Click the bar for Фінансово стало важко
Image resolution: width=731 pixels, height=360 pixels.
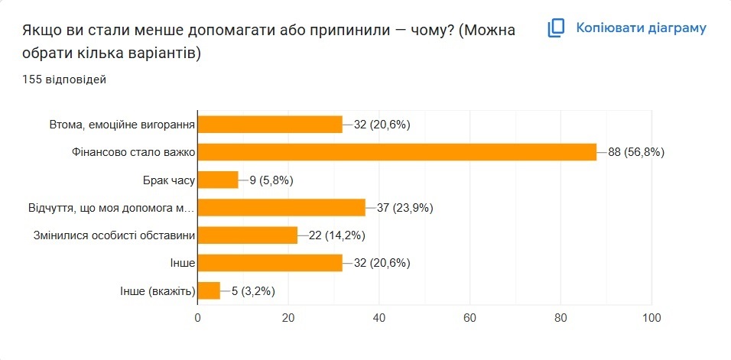tap(397, 152)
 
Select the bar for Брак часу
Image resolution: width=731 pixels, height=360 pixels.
tap(218, 180)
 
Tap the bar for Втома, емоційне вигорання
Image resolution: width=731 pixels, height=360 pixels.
tap(270, 125)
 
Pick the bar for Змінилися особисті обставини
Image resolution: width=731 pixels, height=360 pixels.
tap(248, 235)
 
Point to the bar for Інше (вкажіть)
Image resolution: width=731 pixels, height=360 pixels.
tap(209, 290)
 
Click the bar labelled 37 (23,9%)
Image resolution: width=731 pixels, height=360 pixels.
tap(281, 208)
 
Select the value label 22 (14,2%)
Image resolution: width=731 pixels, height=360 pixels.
tap(337, 235)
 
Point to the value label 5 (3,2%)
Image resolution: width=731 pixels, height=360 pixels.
tap(252, 290)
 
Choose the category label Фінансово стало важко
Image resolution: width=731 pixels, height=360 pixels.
tap(132, 152)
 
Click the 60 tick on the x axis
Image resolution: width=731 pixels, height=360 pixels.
tap(469, 317)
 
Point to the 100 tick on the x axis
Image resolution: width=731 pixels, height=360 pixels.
tap(651, 317)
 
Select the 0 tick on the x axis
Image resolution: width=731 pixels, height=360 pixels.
tap(198, 317)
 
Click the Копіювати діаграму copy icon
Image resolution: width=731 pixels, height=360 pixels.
tap(556, 28)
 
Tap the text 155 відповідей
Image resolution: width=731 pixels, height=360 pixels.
tap(64, 79)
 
